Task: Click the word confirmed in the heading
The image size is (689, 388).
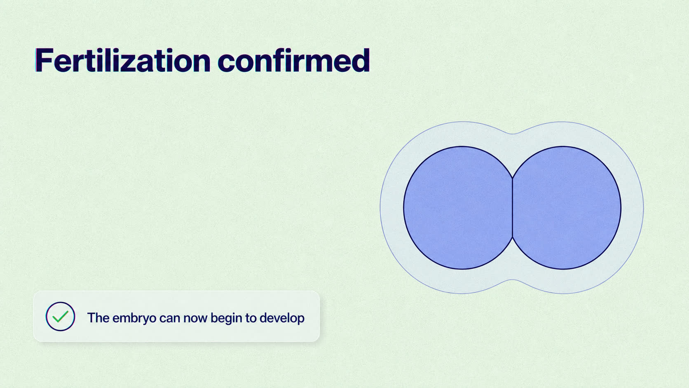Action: pos(294,60)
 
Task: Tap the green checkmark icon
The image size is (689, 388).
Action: pos(60,317)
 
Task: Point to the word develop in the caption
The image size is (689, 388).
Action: pos(282,318)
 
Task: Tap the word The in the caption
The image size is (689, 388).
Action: pos(98,317)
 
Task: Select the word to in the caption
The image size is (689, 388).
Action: pos(251,318)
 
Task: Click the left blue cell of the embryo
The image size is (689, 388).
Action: pos(458,208)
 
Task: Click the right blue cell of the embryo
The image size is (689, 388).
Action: pos(567,208)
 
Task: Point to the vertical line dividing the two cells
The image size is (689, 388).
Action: pos(513,208)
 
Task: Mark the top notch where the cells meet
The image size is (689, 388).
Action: pos(513,178)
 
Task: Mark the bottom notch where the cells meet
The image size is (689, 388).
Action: pos(513,238)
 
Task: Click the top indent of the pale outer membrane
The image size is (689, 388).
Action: pos(512,134)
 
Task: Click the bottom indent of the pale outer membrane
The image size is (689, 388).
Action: pos(512,280)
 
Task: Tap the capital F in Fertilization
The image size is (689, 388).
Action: pos(44,60)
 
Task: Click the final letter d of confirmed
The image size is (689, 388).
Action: pos(361,60)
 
